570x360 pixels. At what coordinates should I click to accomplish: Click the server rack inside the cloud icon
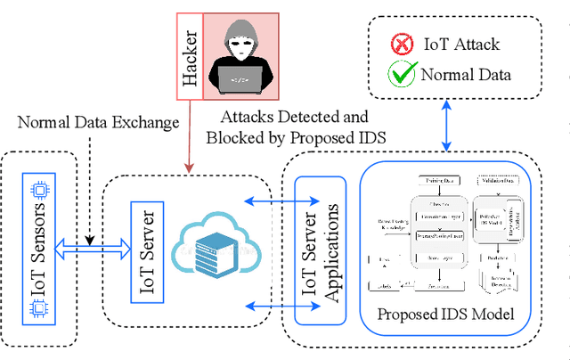(214, 255)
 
